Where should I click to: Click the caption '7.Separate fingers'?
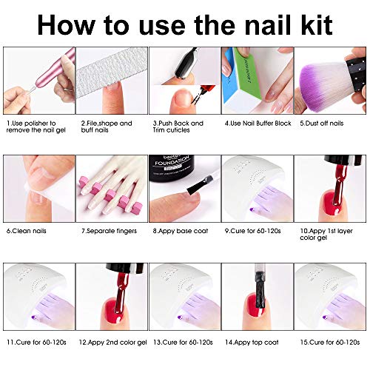[108, 230]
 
